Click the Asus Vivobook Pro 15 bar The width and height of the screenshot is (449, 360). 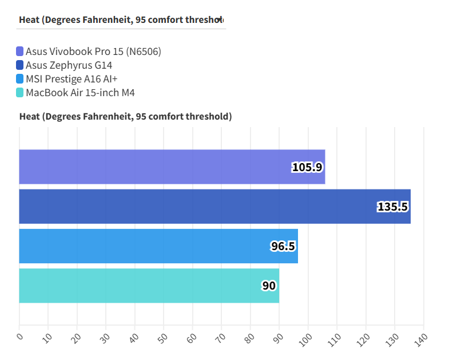[x=172, y=167]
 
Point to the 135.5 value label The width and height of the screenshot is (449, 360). [x=392, y=207]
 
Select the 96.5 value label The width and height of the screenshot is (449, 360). [x=283, y=246]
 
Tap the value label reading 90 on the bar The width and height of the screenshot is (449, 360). [x=269, y=286]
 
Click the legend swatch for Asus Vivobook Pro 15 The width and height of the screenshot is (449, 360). [x=20, y=52]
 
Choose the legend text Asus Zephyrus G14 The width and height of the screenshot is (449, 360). [x=69, y=65]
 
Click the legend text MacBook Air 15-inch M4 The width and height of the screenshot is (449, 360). [x=80, y=93]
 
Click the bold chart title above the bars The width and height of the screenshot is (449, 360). [x=125, y=117]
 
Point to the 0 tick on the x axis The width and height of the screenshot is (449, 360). [x=19, y=337]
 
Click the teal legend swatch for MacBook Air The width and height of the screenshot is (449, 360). [x=20, y=93]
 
